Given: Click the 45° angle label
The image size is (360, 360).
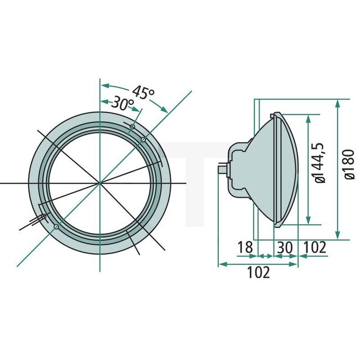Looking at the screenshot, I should pos(143,92).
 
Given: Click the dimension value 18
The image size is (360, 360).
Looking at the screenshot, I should pos(245,247).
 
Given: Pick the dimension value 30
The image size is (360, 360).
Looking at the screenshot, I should pos(285,247).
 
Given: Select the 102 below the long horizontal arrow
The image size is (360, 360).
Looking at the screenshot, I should pos(259,272).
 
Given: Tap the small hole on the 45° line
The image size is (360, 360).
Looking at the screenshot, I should pos(143,139).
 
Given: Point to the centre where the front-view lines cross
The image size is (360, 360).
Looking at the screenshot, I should pos(100,182).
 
